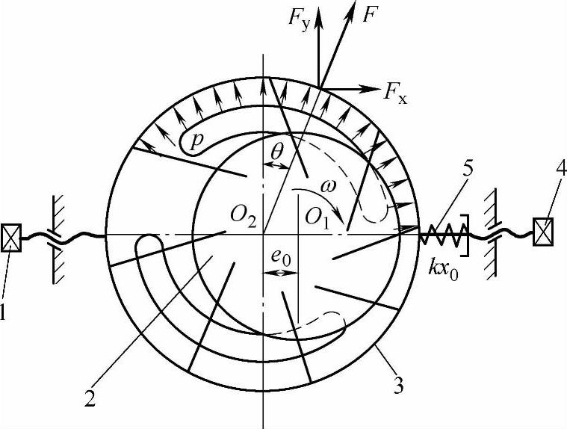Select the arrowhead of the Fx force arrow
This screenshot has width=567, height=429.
374,87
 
